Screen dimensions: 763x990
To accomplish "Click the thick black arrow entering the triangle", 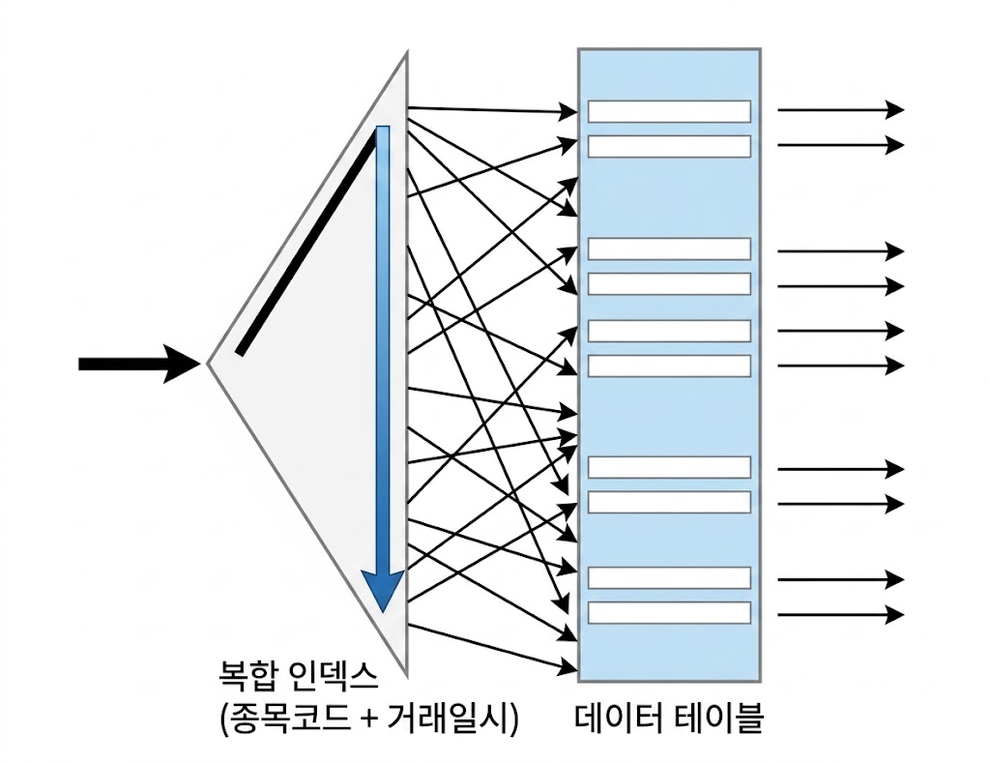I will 135,364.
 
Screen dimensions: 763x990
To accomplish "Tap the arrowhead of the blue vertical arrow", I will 383,590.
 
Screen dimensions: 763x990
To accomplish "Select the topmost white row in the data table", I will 669,111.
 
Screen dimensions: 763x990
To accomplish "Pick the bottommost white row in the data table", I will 669,612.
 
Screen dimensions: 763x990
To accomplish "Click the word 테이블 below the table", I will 719,719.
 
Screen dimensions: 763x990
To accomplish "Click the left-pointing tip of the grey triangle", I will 210,364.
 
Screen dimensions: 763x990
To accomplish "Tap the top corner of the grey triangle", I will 405,56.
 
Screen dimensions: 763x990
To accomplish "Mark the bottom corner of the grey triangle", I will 405,674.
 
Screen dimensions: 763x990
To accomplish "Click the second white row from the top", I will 669,146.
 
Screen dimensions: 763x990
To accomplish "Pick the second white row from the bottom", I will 669,577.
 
